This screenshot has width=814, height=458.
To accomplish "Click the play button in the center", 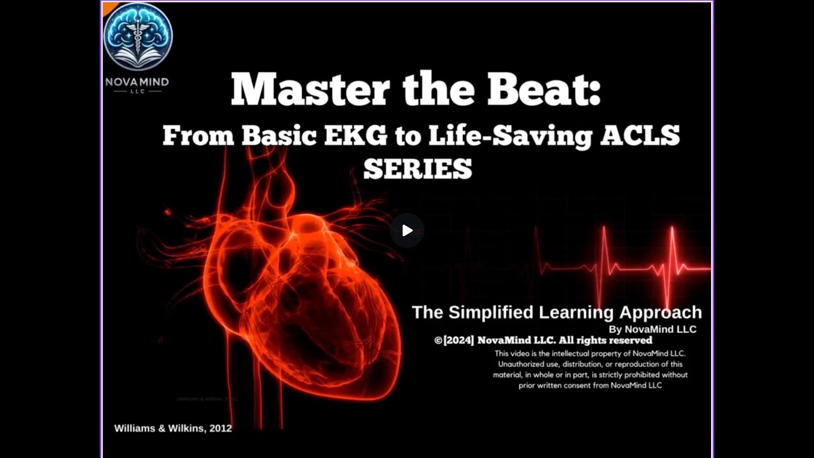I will (407, 230).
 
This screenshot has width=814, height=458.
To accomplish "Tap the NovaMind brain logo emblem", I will (138, 36).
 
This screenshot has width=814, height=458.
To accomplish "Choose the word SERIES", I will (417, 169).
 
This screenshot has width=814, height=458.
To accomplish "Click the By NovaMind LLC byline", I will (652, 330).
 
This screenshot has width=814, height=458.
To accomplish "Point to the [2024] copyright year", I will (459, 340).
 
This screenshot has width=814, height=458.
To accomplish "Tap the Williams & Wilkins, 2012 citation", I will (173, 428).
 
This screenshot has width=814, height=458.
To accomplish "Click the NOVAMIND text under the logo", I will (137, 83).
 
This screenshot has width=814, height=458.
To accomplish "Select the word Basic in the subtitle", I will (280, 135).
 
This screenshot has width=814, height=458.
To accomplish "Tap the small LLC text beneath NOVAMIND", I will (137, 92).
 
